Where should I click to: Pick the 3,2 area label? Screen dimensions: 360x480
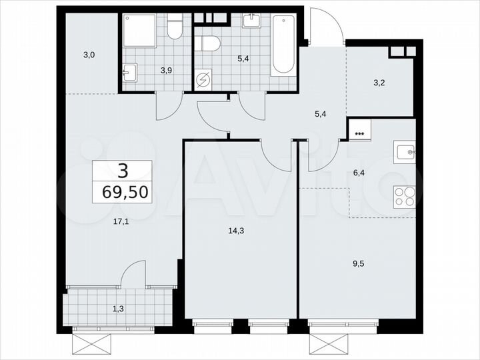point(379,84)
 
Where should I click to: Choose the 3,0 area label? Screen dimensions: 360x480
point(88,55)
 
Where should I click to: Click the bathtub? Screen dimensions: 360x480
point(283,44)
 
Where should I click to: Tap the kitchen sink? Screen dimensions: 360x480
point(405,153)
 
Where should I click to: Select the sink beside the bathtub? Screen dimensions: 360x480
point(252,21)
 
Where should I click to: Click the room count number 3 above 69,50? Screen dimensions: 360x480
point(122,171)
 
